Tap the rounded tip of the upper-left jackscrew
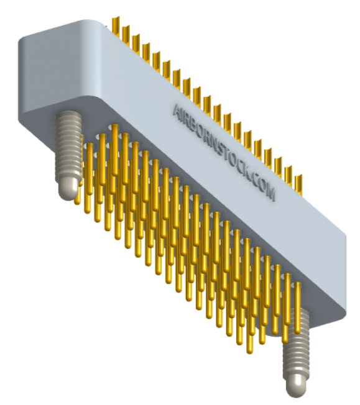[68, 188]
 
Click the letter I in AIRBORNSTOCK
[180, 112]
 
